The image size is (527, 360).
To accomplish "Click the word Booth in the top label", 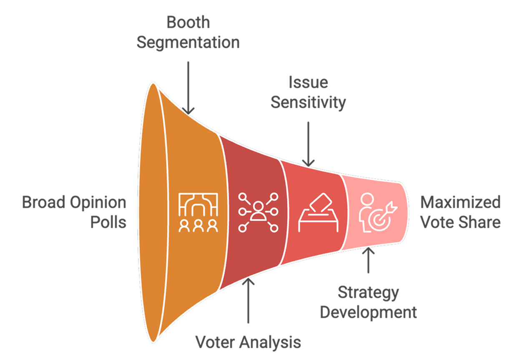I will (188, 22).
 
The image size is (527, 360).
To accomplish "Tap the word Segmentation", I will (188, 42).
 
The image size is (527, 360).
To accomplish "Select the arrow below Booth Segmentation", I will (188, 87).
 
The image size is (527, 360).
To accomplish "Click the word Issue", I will (309, 82).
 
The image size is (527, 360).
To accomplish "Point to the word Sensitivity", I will (309, 102).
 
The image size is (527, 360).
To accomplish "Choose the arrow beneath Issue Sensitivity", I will (309, 144).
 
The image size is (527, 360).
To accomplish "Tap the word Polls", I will (108, 222).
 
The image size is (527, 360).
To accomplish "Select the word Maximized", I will (460, 203).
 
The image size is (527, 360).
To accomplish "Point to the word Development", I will (368, 312).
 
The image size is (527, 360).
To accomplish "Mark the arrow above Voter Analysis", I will (248, 300).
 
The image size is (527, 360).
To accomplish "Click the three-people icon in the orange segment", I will (198, 212).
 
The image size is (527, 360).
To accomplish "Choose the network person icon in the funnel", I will (258, 212).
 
